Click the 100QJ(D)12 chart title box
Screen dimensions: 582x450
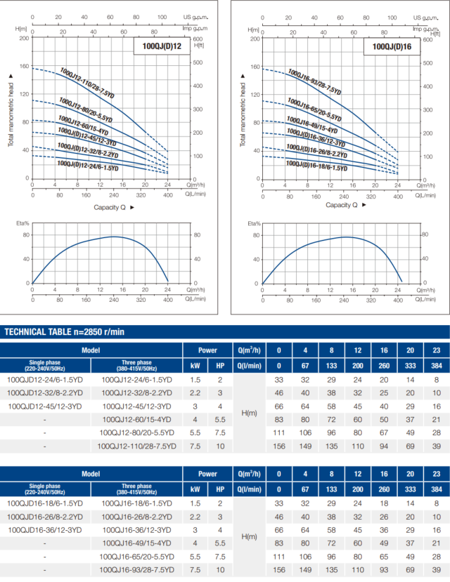point(162,47)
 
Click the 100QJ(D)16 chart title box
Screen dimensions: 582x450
point(392,47)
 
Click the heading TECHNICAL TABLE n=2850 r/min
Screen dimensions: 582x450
point(65,331)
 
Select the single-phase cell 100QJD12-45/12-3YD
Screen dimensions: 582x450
point(44,406)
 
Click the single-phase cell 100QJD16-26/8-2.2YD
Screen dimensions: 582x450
point(44,516)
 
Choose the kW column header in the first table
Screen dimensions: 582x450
point(195,366)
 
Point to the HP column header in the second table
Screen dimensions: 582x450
point(219,489)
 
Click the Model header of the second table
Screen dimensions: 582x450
point(90,473)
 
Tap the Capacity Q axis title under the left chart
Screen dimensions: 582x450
point(113,206)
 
